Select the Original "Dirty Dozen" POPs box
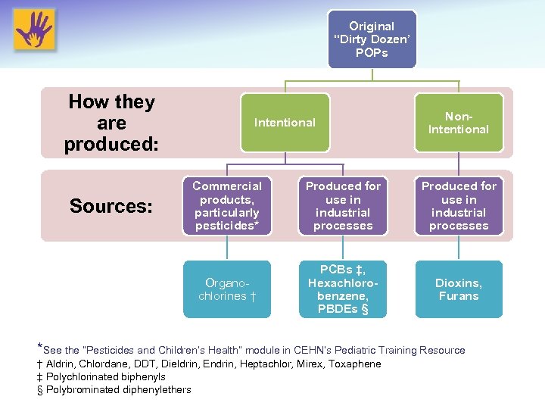pyautogui.click(x=372, y=39)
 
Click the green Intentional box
pyautogui.click(x=285, y=123)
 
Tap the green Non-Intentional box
pyautogui.click(x=458, y=123)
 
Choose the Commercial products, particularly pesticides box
pyautogui.click(x=227, y=206)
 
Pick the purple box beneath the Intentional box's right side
pyautogui.click(x=343, y=206)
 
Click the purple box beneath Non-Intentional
pyautogui.click(x=459, y=206)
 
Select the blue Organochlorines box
pyautogui.click(x=227, y=289)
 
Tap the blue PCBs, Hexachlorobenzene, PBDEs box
pyautogui.click(x=343, y=289)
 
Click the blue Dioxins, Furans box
pyautogui.click(x=459, y=289)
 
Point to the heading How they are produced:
pyautogui.click(x=111, y=123)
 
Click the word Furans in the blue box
pyautogui.click(x=459, y=296)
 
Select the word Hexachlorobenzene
pyautogui.click(x=343, y=289)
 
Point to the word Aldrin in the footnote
pyautogui.click(x=61, y=364)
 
